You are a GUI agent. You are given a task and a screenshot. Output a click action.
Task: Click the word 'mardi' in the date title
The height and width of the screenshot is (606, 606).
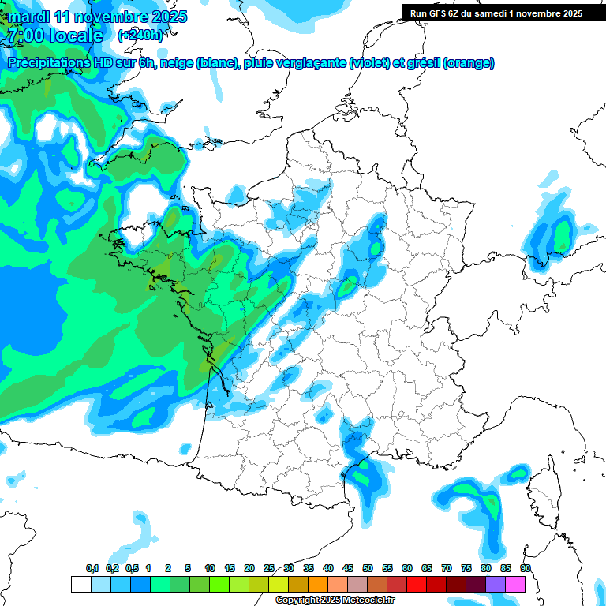coord(27,16)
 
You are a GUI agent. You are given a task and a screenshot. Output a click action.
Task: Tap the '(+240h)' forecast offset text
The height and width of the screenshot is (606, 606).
coord(140,35)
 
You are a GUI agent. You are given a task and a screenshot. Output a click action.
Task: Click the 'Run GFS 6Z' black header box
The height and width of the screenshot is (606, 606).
coord(503,13)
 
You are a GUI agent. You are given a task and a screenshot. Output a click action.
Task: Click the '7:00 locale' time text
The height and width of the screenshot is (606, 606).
coord(54,36)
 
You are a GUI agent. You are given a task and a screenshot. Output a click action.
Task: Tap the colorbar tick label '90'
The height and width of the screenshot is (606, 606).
coord(525,568)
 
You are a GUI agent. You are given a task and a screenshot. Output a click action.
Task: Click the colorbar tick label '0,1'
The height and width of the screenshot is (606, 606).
coord(92,568)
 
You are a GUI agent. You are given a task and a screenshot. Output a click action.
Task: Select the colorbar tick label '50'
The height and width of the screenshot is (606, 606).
coord(368,568)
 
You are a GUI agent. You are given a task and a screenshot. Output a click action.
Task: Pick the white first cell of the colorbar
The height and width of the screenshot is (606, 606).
coord(80,584)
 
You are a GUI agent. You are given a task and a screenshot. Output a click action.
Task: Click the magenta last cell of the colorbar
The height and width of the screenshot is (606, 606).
coord(515,584)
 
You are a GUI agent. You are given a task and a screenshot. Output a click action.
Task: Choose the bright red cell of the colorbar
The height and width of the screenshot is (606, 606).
coord(417,584)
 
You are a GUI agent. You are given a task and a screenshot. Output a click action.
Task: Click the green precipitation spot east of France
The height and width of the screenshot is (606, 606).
coord(562,235)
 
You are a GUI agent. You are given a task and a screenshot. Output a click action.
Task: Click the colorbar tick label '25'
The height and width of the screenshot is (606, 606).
coord(269,568)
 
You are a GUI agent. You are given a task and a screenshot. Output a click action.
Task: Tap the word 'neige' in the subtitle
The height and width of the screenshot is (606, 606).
coord(177,63)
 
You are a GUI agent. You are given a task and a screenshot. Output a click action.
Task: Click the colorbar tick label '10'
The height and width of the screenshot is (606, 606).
coord(210,568)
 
